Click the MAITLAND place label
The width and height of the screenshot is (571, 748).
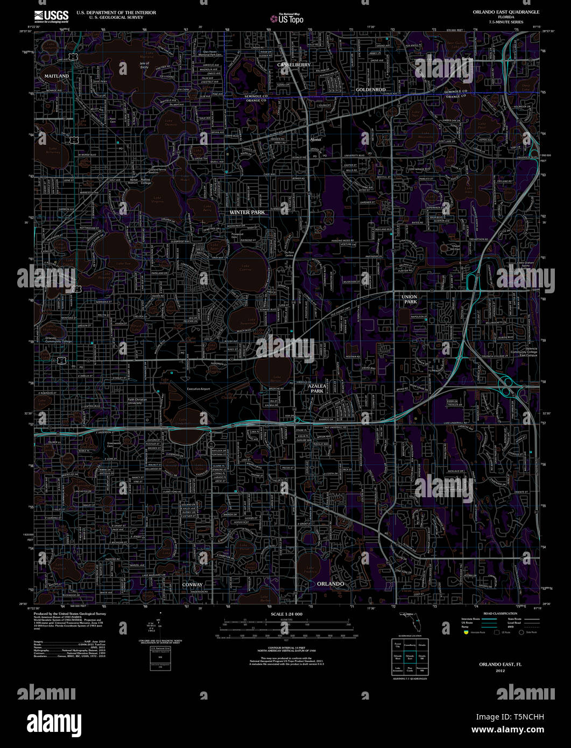57,76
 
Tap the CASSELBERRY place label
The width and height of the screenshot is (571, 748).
294,65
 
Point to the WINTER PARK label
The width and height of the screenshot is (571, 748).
247,212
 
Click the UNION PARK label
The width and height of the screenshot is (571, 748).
409,299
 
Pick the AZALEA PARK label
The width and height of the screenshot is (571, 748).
316,389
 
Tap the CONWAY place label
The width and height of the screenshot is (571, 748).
192,584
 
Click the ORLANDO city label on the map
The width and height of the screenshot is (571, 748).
330,584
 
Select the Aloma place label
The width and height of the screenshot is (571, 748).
315,139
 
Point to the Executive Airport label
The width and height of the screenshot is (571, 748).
199,389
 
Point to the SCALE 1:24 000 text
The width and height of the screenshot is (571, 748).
287,614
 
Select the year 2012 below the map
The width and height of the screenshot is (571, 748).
500,671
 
